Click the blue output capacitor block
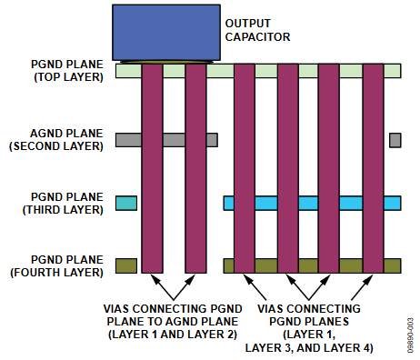tap(162, 33)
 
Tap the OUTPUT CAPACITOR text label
tap(257, 30)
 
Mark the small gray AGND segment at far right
tap(395, 140)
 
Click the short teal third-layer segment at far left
tap(126, 203)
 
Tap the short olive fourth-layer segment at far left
tap(126, 265)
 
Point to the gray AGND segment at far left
tap(128, 140)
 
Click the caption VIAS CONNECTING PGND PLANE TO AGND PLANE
tap(172, 314)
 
